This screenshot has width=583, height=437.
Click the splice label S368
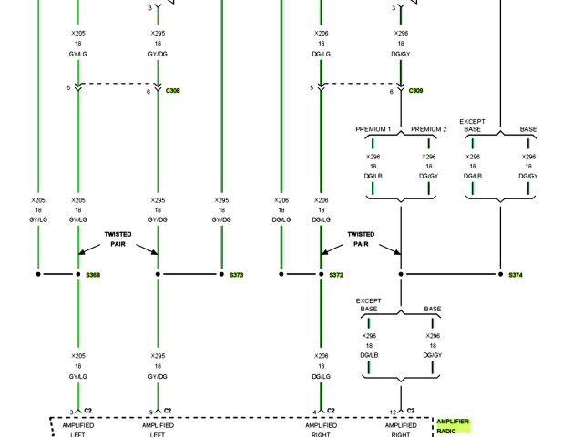[92, 274]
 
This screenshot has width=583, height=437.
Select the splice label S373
[237, 274]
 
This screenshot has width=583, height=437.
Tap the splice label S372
[336, 274]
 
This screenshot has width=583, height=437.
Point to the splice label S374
[516, 274]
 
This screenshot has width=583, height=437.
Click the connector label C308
[173, 91]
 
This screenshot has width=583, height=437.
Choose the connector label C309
[415, 91]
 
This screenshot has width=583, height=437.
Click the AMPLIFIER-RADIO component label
[453, 425]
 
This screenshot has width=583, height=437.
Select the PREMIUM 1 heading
[373, 129]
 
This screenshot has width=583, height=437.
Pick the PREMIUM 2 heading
[428, 129]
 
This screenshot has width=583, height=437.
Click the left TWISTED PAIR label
[118, 239]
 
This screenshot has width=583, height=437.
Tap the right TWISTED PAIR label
[361, 239]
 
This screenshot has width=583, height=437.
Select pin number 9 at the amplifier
[151, 412]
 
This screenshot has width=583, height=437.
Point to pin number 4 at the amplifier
[314, 412]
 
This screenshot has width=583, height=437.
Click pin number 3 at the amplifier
[71, 412]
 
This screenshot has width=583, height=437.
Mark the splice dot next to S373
[221, 274]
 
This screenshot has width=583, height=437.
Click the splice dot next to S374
[499, 274]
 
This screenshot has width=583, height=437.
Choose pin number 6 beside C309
[393, 91]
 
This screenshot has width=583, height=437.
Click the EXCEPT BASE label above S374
[472, 126]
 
